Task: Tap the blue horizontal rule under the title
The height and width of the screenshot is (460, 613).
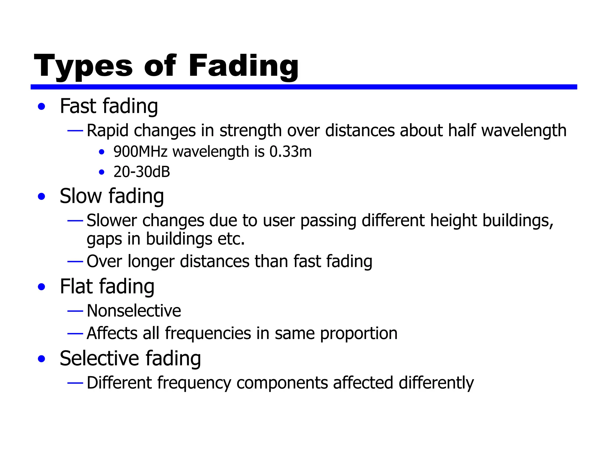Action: click(x=304, y=87)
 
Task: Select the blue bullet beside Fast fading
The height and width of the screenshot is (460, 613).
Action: click(x=42, y=107)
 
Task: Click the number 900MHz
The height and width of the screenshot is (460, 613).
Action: click(x=140, y=152)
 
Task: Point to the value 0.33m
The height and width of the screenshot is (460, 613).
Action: click(x=290, y=152)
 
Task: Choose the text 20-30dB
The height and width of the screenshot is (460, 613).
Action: click(x=142, y=172)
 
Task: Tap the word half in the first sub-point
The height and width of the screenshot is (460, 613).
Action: click(x=462, y=131)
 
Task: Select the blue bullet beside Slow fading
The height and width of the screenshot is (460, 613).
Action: click(x=42, y=197)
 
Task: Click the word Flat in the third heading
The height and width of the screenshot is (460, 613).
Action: click(x=76, y=287)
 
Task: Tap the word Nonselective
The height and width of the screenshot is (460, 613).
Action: click(x=134, y=311)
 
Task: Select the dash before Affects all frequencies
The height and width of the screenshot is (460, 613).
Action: click(x=75, y=334)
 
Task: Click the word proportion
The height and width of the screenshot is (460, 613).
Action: click(x=359, y=334)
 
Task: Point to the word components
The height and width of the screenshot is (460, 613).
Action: click(x=282, y=383)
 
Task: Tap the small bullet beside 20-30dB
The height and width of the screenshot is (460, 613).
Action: click(x=102, y=172)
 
